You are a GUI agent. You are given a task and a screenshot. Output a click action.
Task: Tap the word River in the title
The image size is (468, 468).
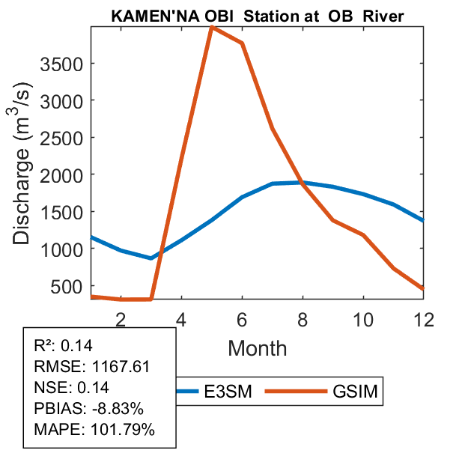click(x=383, y=16)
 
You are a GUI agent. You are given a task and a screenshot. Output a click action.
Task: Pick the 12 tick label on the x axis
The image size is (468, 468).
click(x=424, y=319)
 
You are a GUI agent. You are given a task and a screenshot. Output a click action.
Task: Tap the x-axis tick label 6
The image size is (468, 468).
click(x=242, y=319)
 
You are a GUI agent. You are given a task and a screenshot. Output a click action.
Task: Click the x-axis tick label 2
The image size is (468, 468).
click(x=121, y=319)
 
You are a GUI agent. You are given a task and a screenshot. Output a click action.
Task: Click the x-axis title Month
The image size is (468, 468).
click(x=257, y=347)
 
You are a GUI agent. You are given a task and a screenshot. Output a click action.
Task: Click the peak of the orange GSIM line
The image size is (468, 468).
click(x=212, y=27)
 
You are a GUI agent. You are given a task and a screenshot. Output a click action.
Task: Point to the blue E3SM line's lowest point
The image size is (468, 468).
click(x=151, y=258)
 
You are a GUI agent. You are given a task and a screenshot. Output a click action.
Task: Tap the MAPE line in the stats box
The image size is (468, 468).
click(x=94, y=430)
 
